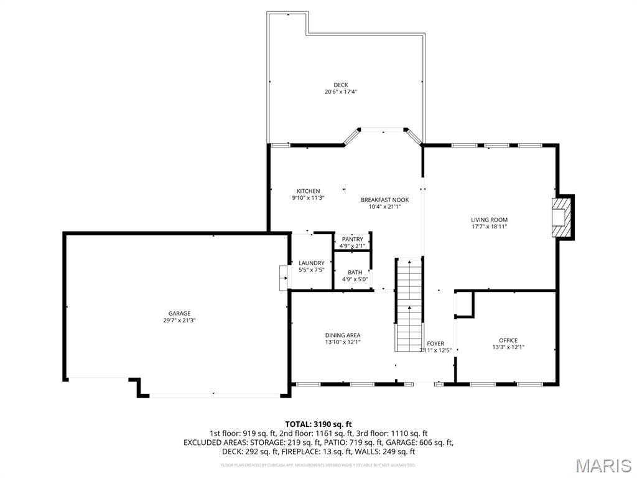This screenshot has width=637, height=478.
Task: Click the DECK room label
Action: point(340,85)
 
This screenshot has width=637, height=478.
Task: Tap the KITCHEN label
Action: point(308,191)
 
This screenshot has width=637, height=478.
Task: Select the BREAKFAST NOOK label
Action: point(384,200)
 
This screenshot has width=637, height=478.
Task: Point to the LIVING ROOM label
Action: point(489,220)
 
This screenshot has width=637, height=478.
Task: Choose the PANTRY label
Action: point(352,239)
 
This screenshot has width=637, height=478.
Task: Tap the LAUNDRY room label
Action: point(311,263)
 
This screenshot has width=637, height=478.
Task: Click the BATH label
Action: point(355,272)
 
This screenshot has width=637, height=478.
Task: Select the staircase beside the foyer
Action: point(409,305)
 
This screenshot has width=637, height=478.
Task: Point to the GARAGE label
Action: point(179,314)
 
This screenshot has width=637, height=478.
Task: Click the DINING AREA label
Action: point(342,335)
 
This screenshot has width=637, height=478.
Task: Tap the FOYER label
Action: point(435,344)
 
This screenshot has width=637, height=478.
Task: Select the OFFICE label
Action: point(508,340)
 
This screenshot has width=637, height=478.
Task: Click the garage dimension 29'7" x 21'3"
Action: point(179,321)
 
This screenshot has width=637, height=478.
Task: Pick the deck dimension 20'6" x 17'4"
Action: point(340,92)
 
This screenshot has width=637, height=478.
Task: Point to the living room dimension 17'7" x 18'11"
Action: point(489,227)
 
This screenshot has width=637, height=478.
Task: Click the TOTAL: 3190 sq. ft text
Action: point(318,424)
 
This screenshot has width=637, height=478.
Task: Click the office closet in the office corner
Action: point(464,304)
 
